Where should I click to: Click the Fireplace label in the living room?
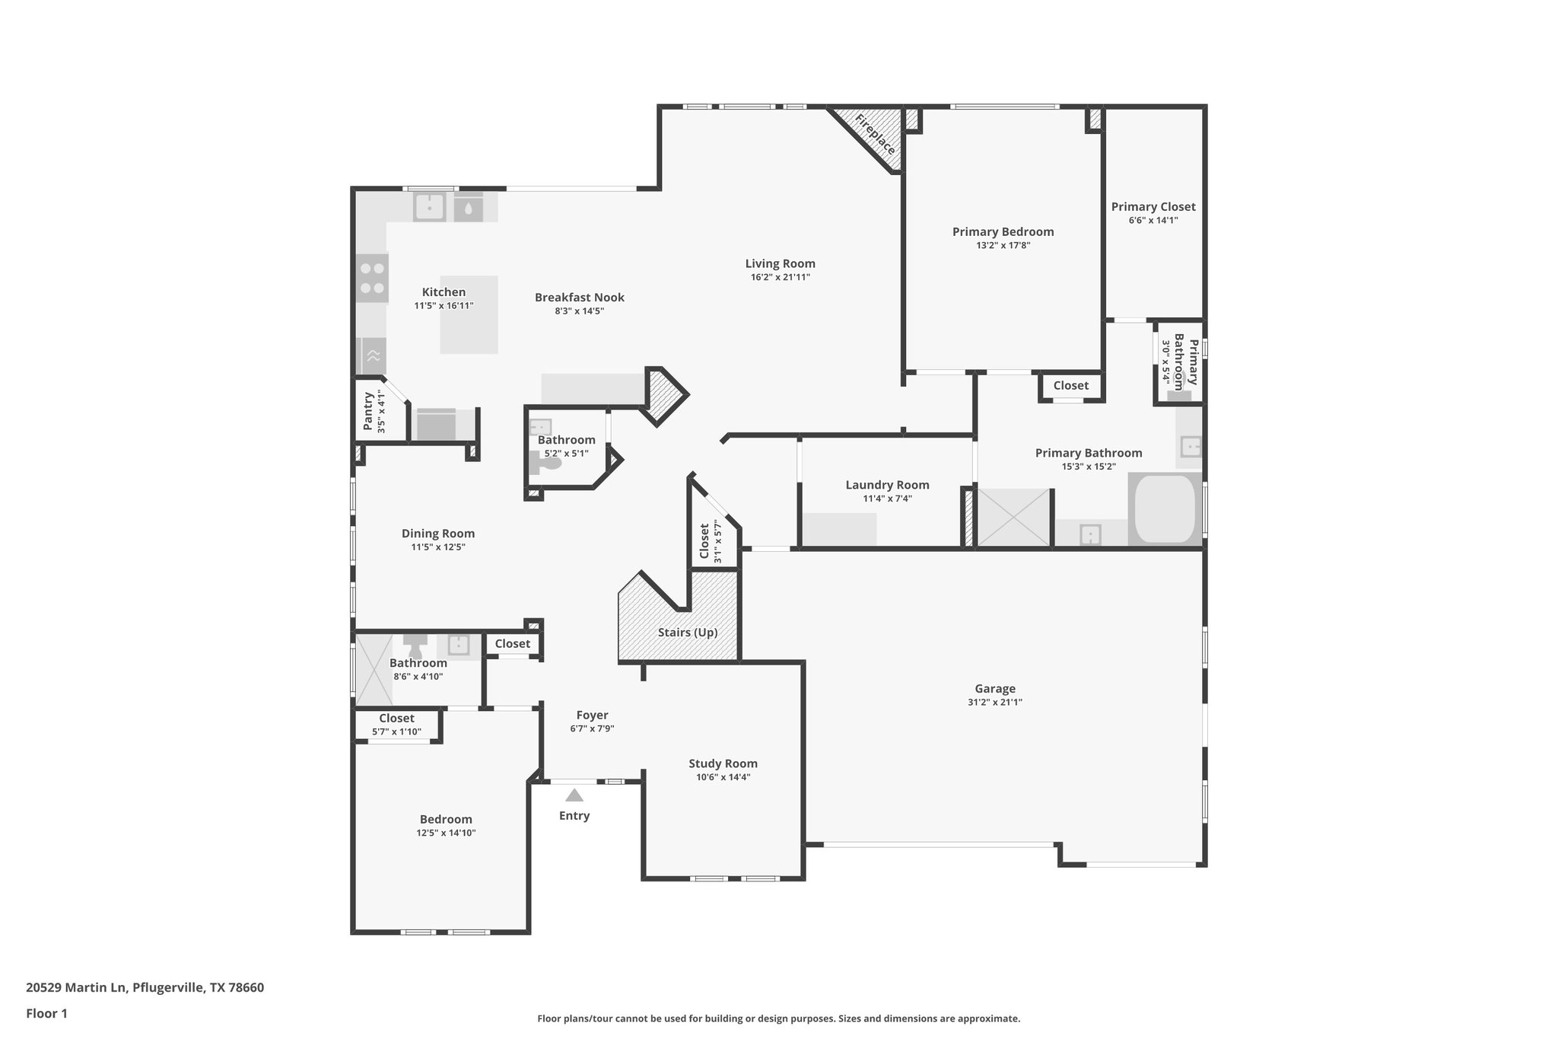[875, 134]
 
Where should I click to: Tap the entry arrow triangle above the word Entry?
[574, 795]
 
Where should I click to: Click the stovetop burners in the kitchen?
[372, 278]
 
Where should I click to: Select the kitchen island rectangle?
[469, 314]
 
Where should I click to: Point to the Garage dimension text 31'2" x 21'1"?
[994, 703]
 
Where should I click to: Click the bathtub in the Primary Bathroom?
[1164, 508]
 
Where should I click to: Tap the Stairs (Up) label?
[687, 633]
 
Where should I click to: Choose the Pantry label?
[368, 411]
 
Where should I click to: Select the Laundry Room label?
[887, 485]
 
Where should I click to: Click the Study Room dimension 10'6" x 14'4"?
[723, 777]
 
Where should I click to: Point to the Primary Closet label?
[1153, 206]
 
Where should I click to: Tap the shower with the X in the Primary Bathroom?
[1013, 518]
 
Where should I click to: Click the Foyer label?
[592, 715]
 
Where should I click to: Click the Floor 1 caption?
[46, 1013]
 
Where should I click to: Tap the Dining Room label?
[437, 534]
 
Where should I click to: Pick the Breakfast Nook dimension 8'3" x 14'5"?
[579, 311]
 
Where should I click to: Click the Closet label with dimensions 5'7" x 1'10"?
[396, 718]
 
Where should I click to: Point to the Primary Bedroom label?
[1003, 231]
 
